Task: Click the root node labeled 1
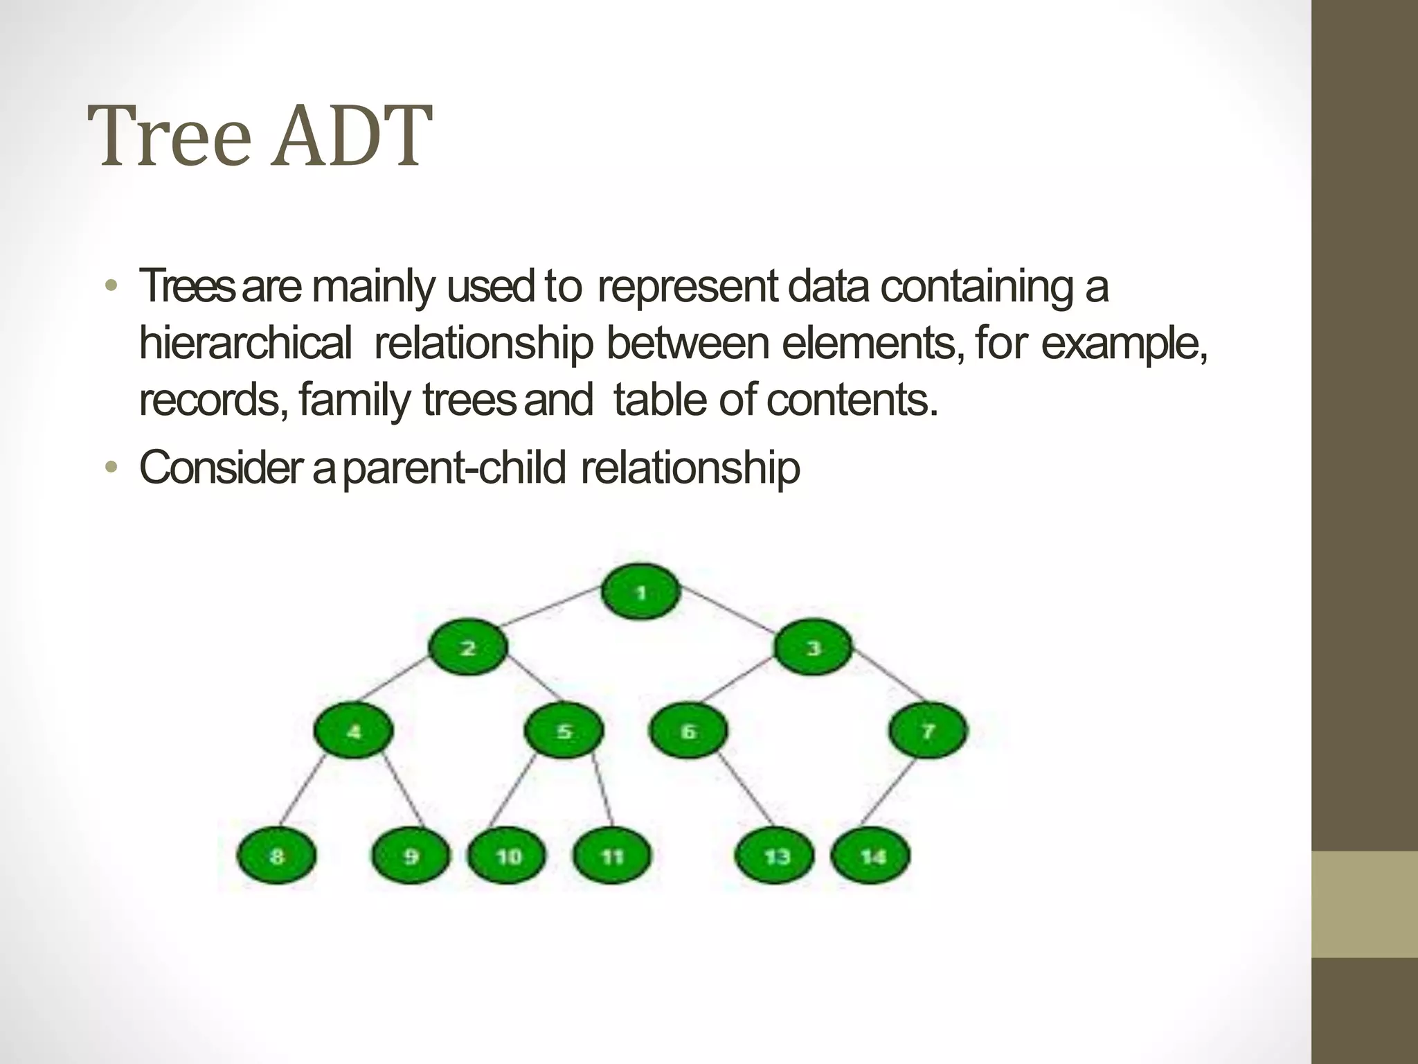point(640,592)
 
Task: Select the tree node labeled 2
point(468,648)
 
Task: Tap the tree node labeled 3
point(813,648)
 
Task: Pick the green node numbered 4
point(353,731)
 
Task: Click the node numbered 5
point(564,731)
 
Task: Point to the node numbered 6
point(688,731)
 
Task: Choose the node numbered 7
point(928,731)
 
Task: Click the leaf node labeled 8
point(277,856)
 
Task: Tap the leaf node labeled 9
point(411,856)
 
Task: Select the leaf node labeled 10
point(508,856)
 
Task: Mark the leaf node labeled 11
point(613,856)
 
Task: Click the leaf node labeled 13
point(775,856)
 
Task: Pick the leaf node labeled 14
point(871,856)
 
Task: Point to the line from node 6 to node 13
point(746,790)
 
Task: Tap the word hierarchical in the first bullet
point(245,344)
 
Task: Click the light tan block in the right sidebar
point(1365,904)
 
